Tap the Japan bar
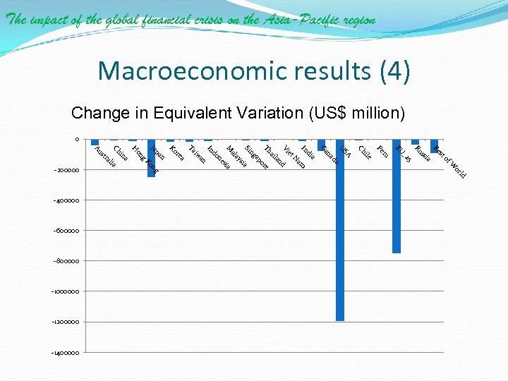pyautogui.click(x=151, y=158)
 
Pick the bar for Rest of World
pyautogui.click(x=434, y=146)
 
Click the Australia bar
pyautogui.click(x=95, y=142)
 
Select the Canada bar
pyautogui.click(x=321, y=145)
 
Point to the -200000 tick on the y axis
pyautogui.click(x=68, y=170)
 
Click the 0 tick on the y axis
pyautogui.click(x=77, y=139)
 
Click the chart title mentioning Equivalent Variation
pyautogui.click(x=238, y=113)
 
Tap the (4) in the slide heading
pyautogui.click(x=394, y=71)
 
